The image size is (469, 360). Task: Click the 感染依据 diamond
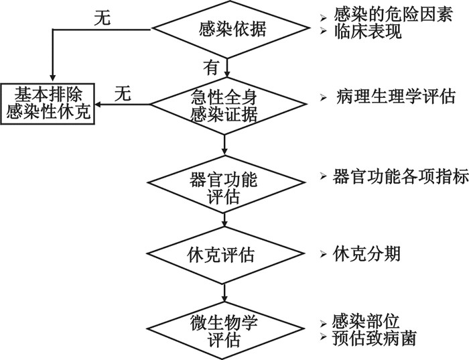click(x=227, y=29)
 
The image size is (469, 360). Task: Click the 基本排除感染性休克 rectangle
click(x=48, y=104)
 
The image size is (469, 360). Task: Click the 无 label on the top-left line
click(x=103, y=20)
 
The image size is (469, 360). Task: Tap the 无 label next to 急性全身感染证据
click(x=122, y=94)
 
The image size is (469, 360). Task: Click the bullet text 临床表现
click(x=362, y=32)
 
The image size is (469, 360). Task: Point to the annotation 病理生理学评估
click(x=396, y=97)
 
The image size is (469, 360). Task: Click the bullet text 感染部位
click(x=362, y=320)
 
